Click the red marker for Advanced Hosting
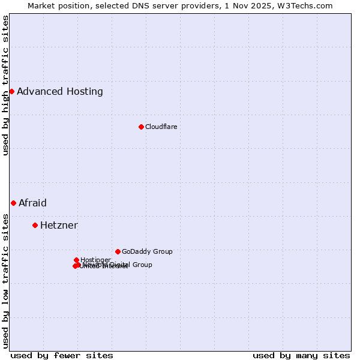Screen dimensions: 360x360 coord(11,91)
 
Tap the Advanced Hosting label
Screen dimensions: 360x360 coord(60,92)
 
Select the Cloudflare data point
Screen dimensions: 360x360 coord(141,127)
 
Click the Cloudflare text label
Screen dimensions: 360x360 coord(161,127)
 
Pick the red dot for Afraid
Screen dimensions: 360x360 coord(13,203)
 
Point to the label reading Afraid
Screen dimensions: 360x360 coord(32,203)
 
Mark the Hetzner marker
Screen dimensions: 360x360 coord(35,225)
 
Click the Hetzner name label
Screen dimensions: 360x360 coord(59,226)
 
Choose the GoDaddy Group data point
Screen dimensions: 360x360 coord(118,251)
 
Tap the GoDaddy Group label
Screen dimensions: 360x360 coord(147,252)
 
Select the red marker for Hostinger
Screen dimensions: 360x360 coord(76,260)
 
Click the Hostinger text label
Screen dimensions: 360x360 coord(95,260)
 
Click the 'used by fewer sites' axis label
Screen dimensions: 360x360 coord(62,355)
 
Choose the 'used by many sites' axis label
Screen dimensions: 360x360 coord(301,355)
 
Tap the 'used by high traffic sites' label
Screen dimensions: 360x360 coord(5,85)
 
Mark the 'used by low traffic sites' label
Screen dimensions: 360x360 coord(5,280)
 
